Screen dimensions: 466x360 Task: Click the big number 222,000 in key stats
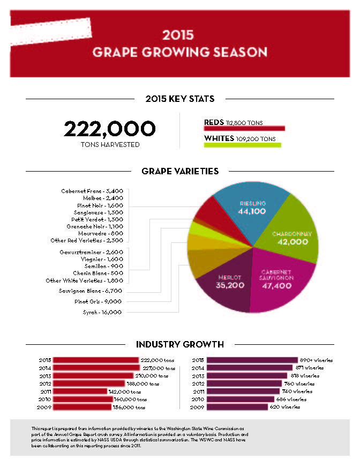110,129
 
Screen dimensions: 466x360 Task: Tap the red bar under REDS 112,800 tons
244,129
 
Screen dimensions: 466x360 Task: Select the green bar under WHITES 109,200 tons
242,145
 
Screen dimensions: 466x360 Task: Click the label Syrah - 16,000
102,312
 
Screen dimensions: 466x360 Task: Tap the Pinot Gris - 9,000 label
99,301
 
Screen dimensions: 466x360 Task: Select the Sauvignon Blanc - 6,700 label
92,291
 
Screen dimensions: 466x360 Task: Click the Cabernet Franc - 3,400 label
93,190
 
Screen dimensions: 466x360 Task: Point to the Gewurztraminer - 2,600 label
92,252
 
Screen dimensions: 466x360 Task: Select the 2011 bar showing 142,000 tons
80,391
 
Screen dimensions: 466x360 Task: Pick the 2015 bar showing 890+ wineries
252,360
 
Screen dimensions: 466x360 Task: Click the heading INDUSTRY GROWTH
179,344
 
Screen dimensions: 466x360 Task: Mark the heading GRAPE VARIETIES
180,171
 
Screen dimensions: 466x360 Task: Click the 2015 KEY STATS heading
180,99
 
